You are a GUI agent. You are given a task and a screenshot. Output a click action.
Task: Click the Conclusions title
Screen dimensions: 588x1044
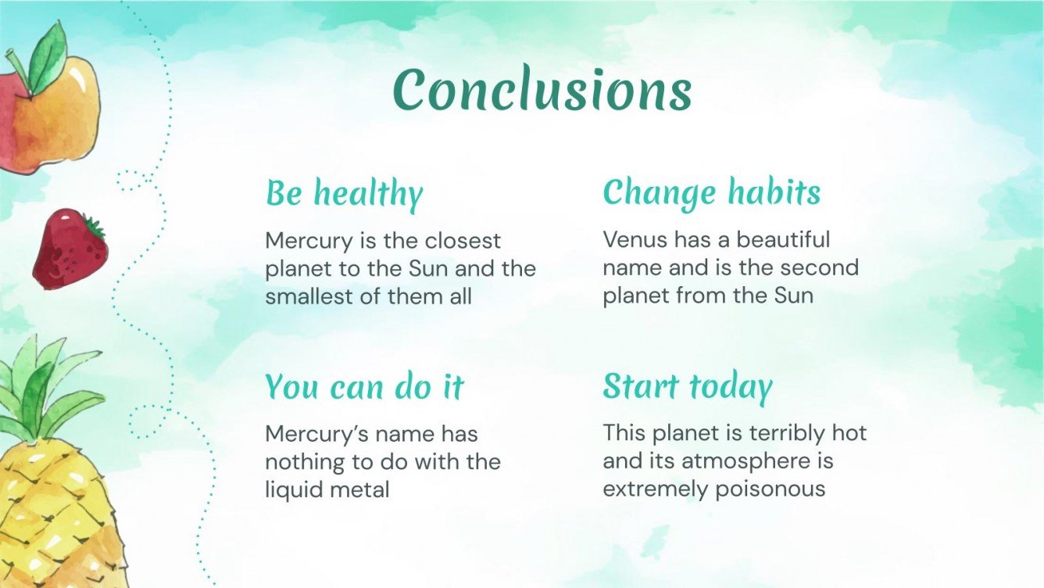(x=542, y=89)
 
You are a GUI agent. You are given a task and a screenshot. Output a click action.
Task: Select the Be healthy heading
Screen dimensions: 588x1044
(x=344, y=193)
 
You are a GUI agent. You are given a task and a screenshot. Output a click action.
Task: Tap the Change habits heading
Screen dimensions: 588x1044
(x=711, y=192)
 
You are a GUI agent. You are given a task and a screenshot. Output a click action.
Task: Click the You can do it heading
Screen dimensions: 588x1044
(x=364, y=386)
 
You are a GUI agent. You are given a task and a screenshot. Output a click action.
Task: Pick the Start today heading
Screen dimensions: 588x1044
(x=687, y=385)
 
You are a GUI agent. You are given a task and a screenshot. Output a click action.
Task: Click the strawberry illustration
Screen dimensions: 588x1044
(x=70, y=248)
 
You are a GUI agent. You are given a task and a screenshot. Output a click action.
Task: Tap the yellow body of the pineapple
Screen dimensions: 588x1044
(x=47, y=516)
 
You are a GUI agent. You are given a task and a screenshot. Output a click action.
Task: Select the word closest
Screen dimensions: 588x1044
(x=460, y=241)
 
